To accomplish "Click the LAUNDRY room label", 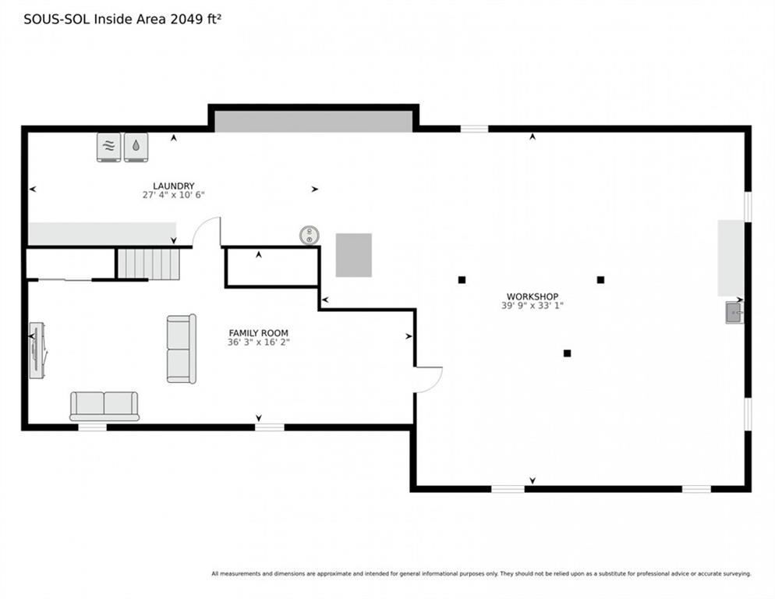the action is coord(174,186).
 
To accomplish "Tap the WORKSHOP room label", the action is coord(533,297).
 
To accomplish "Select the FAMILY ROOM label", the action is coord(259,333).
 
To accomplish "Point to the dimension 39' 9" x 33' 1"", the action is coord(533,306).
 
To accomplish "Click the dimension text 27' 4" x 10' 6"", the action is coord(174,195).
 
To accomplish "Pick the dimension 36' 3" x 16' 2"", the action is coord(259,342).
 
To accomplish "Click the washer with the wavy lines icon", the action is coord(108,147).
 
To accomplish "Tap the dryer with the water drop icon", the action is coord(136,147).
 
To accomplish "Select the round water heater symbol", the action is coord(310,235).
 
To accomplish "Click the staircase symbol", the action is coord(149,264).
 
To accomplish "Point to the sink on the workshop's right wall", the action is coord(734,313).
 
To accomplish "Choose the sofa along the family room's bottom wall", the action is coord(104,406).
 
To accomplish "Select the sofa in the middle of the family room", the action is coord(182,349).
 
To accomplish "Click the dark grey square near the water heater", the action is coord(354,255).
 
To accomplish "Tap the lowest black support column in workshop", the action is coord(568,353).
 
